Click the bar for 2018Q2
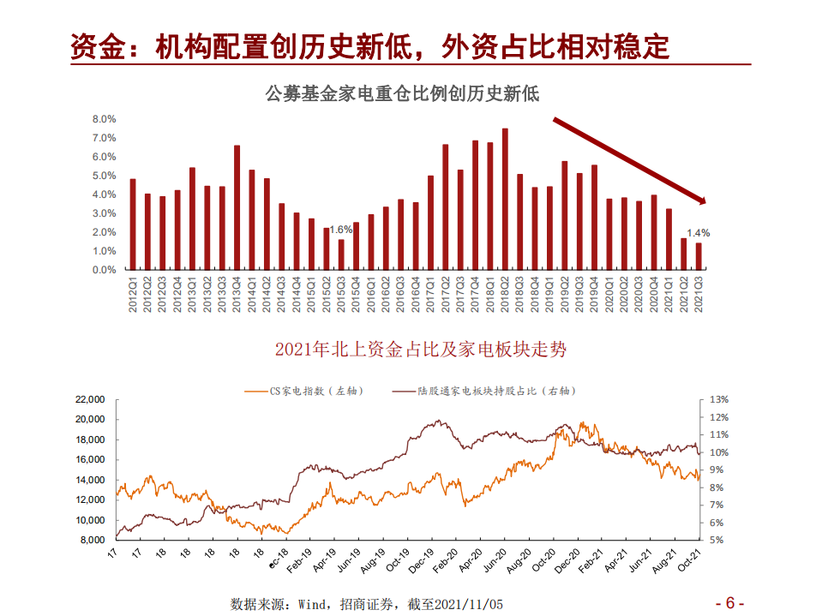coord(505,199)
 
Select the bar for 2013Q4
coord(237,207)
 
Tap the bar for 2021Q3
coord(699,256)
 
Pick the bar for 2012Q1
coord(133,224)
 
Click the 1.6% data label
coord(340,230)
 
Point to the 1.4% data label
coord(699,233)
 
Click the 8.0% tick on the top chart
coord(104,119)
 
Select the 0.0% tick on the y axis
coord(104,270)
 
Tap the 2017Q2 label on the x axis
coord(446,294)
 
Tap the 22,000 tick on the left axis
coord(90,399)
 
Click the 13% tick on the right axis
coord(718,399)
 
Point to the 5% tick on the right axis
coord(717,541)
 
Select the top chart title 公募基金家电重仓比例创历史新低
coord(403,93)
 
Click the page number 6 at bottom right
coord(729,601)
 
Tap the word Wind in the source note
coord(312,604)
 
